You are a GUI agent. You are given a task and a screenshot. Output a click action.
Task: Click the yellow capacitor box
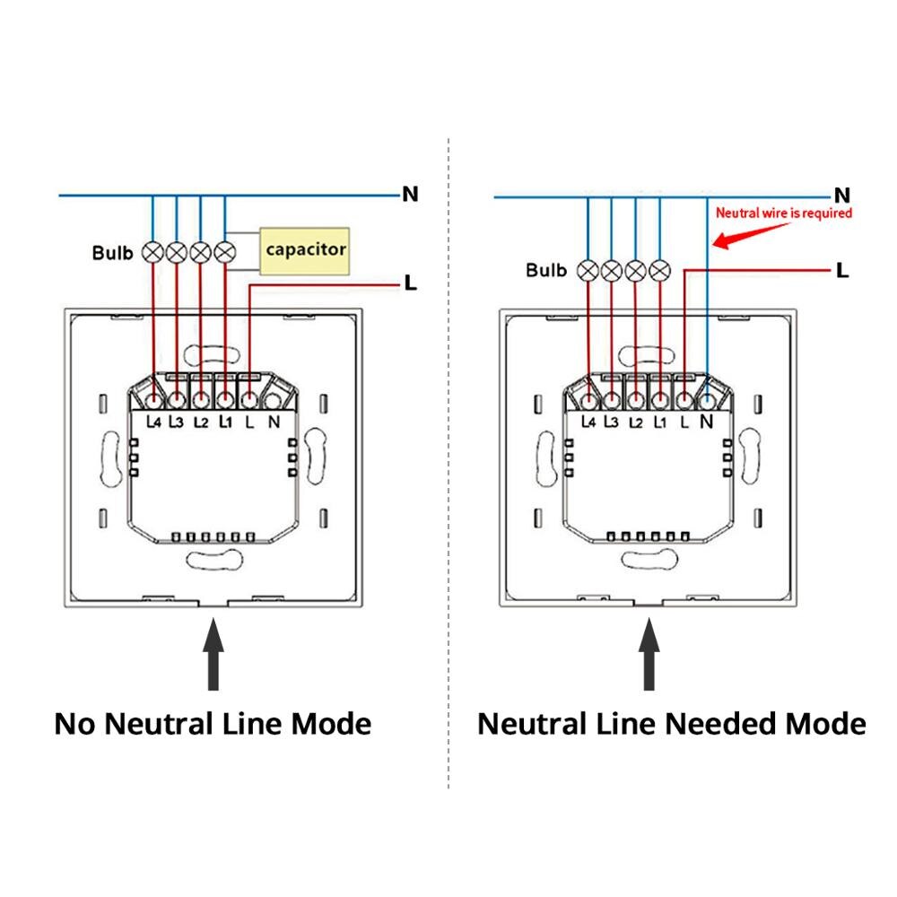305,249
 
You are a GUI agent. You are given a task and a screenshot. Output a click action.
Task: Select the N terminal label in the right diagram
706,420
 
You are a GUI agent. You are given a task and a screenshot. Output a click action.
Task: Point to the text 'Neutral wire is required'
782,213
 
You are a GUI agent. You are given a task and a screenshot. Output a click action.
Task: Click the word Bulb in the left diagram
112,253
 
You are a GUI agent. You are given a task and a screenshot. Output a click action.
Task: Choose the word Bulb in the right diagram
546,270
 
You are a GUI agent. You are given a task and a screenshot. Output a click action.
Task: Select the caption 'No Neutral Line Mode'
213,724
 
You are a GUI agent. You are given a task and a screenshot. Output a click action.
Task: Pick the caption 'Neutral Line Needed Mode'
671,724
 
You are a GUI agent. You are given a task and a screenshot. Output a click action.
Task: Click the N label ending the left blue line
410,194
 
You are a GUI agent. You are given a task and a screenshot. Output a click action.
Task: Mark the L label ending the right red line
841,269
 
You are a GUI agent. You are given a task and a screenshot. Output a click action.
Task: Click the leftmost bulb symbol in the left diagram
153,252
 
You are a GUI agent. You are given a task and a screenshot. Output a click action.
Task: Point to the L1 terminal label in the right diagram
660,420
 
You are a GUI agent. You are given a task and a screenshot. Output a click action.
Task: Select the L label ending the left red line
410,284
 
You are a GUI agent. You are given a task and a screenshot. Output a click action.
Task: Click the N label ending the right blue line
841,195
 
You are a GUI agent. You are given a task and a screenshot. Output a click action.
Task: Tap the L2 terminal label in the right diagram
636,420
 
